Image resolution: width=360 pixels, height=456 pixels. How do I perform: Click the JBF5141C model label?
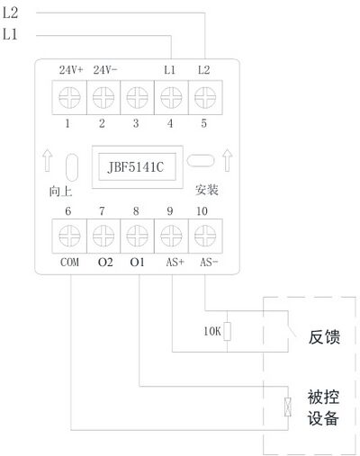click(136, 167)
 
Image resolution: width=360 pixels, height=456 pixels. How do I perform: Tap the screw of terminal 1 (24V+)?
click(69, 97)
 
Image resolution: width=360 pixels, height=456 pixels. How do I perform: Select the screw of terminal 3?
click(137, 97)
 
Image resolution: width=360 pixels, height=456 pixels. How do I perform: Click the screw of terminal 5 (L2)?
click(205, 97)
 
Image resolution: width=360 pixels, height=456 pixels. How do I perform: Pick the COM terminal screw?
click(69, 236)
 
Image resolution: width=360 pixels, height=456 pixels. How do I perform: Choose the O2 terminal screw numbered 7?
click(103, 236)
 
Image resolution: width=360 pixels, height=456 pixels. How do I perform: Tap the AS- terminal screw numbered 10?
click(205, 236)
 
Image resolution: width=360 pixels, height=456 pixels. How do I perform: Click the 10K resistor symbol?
click(227, 331)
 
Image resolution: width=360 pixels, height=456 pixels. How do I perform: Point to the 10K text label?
click(212, 331)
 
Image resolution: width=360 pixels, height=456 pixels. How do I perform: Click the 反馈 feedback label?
click(324, 336)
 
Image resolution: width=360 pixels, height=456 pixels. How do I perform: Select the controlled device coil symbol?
click(288, 407)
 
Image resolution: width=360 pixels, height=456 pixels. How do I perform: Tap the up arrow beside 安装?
click(227, 160)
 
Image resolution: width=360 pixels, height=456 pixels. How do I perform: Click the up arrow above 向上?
click(47, 160)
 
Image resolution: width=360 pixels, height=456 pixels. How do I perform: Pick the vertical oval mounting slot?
click(72, 167)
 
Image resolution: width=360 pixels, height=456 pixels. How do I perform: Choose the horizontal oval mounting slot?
click(201, 160)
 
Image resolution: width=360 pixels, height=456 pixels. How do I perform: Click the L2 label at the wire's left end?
click(10, 13)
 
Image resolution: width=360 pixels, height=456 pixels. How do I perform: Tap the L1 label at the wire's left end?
click(10, 34)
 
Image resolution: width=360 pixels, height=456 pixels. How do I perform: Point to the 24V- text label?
click(105, 70)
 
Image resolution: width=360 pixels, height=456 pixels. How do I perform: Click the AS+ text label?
click(175, 263)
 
